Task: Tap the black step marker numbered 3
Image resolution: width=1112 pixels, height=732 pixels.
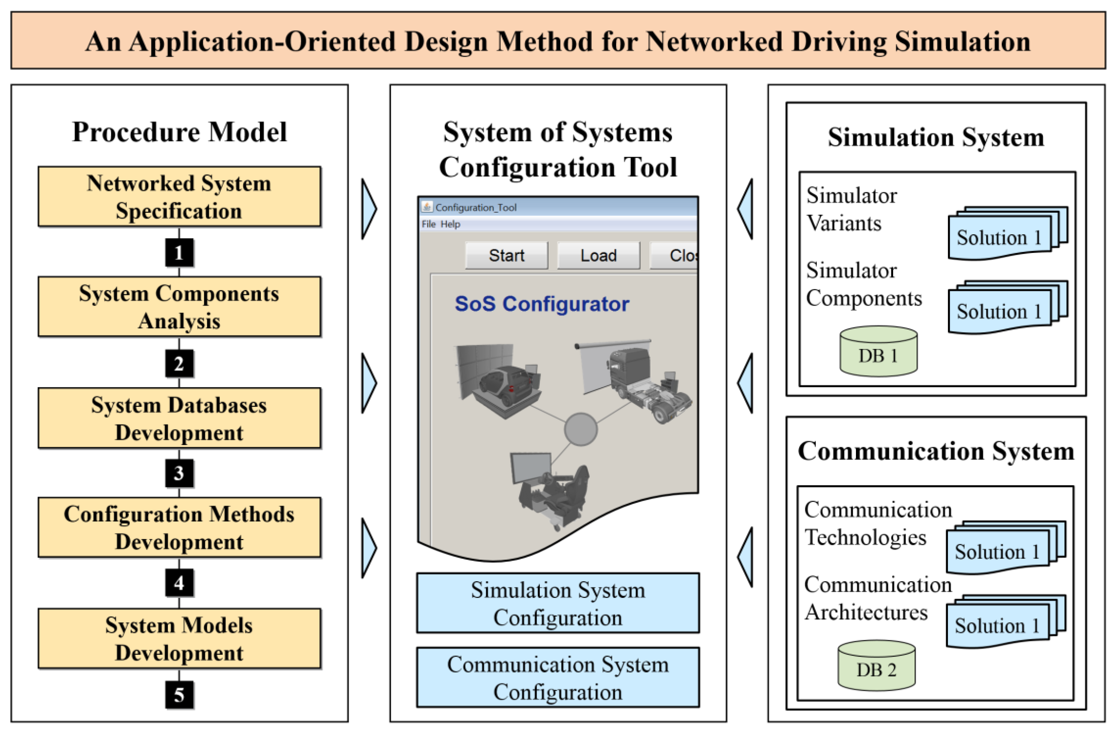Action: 179,474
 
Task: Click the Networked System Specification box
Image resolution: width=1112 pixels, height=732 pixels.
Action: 179,197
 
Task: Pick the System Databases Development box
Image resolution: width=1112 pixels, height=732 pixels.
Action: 179,418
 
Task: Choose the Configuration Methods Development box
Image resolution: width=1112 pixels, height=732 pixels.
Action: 179,528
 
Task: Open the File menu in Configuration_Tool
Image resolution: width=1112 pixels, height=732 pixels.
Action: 428,225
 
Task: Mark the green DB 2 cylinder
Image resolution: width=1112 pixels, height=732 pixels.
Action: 876,666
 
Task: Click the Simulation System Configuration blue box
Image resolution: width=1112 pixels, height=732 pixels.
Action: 558,603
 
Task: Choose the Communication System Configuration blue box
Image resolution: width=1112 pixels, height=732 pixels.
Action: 558,678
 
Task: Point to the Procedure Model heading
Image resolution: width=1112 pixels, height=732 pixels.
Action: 179,132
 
